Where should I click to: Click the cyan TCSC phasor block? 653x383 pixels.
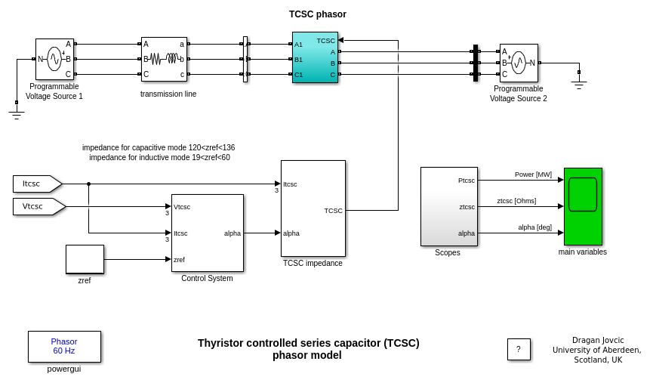[315, 57]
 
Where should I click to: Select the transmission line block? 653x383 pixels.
[164, 59]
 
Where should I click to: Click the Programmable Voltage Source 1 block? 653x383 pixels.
[54, 59]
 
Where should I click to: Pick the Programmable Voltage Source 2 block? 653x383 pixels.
[519, 63]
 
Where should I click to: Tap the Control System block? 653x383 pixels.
[207, 233]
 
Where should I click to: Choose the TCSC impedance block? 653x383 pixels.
[313, 208]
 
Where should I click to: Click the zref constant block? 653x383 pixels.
[85, 259]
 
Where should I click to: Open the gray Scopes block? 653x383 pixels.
[448, 206]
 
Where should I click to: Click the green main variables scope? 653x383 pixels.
[583, 206]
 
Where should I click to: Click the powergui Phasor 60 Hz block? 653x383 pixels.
[64, 346]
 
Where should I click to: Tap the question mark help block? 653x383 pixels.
[519, 349]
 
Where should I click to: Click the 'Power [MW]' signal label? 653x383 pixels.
[533, 175]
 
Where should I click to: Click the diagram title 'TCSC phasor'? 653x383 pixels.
[317, 14]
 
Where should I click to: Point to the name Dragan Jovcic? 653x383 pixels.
[598, 340]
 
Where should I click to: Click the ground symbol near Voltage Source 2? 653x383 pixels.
[579, 85]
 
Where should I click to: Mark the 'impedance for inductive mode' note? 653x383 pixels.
[159, 157]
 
